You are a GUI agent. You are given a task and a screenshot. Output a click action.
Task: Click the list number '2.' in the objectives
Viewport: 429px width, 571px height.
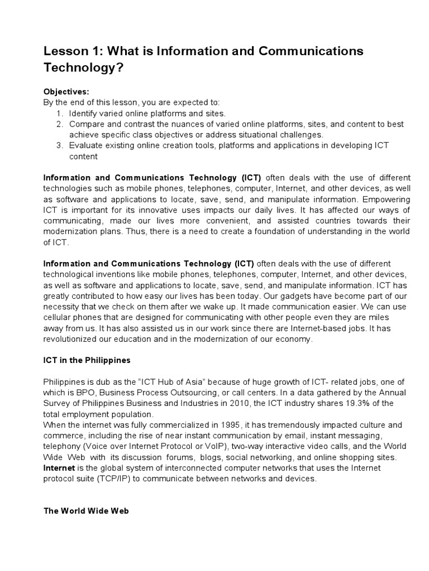[x=60, y=124]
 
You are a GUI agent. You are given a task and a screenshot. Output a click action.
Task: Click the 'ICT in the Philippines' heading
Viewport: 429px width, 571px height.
[x=87, y=360]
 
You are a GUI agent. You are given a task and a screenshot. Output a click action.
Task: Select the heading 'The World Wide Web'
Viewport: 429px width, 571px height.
[x=86, y=510]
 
